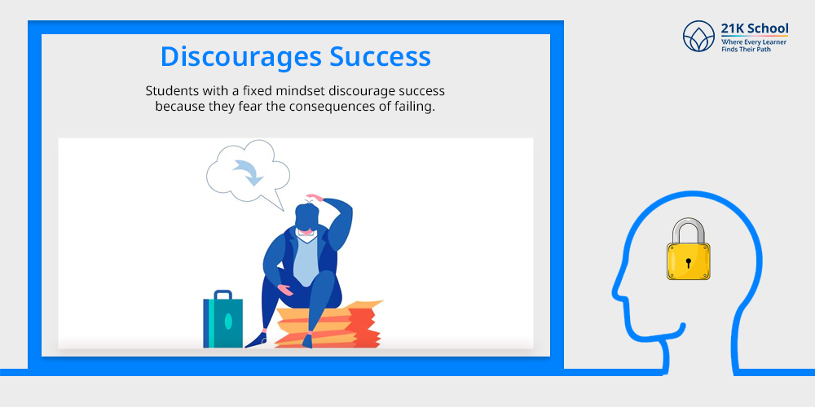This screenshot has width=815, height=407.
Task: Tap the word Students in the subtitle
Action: click(166, 91)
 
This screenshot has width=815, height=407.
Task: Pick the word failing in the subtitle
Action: click(415, 107)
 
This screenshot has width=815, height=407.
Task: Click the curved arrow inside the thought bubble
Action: click(249, 172)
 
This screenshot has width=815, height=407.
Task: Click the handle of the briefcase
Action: click(223, 295)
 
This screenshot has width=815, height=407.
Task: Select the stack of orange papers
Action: click(328, 326)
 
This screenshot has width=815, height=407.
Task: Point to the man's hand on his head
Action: click(315, 198)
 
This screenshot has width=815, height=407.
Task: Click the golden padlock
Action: click(688, 249)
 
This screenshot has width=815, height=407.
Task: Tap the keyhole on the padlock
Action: click(688, 262)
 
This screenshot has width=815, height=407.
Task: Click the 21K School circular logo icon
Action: click(698, 37)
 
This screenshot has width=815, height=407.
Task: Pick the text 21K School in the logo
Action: click(754, 28)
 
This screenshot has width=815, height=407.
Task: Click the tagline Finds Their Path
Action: click(746, 50)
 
